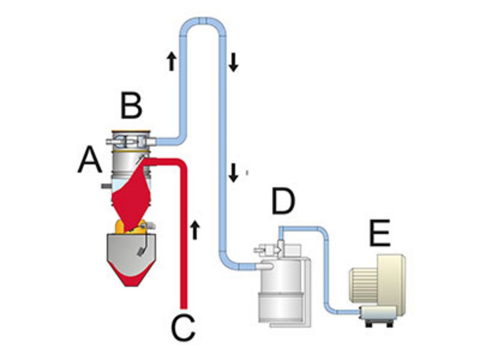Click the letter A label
[90, 159]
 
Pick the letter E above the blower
[380, 233]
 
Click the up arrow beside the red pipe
[195, 230]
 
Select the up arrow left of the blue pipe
[172, 61]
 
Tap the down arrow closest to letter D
[233, 173]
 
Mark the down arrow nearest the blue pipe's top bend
[233, 62]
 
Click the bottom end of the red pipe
[184, 307]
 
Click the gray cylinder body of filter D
[281, 291]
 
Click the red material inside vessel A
[131, 196]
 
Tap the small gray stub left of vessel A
[106, 186]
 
